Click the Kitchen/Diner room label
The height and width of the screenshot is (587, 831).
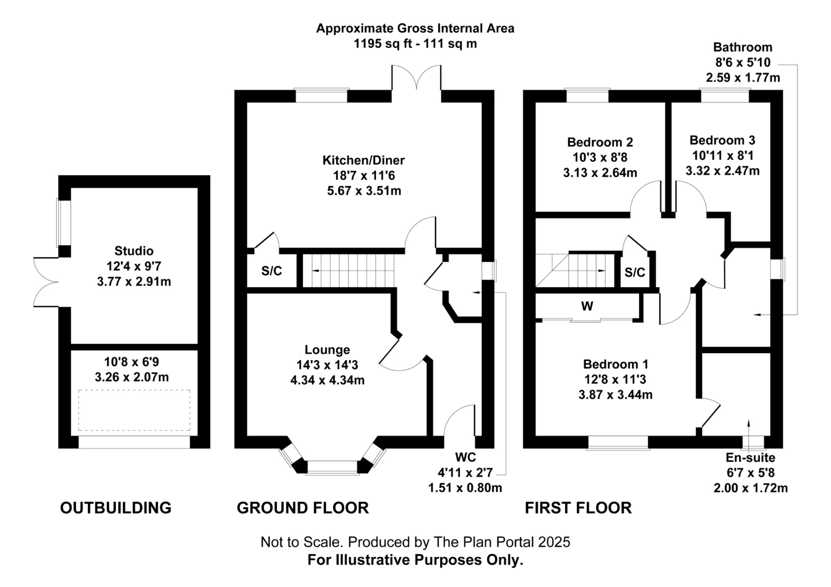(x=364, y=160)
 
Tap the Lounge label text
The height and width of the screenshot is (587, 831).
(x=327, y=350)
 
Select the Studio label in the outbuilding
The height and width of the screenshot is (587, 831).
(x=134, y=251)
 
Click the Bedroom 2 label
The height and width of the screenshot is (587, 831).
(x=600, y=142)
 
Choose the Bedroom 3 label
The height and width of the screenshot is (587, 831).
(x=722, y=140)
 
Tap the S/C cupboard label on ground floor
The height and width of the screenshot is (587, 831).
(x=271, y=271)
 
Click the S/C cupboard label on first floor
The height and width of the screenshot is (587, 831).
(x=635, y=272)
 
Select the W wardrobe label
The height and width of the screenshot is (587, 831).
(x=587, y=306)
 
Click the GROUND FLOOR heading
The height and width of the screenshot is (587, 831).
(x=303, y=508)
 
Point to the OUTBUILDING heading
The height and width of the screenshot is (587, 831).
(x=116, y=508)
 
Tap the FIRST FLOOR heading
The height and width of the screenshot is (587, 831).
(x=578, y=508)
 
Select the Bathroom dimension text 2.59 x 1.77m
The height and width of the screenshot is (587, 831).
(x=743, y=77)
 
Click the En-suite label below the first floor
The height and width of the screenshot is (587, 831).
(x=750, y=458)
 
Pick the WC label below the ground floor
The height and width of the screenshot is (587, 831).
(x=465, y=457)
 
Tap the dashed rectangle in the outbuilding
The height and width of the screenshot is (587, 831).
(x=134, y=410)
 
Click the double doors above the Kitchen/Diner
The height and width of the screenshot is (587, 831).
(x=416, y=77)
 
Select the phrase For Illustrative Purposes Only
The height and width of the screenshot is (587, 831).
(x=415, y=560)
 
